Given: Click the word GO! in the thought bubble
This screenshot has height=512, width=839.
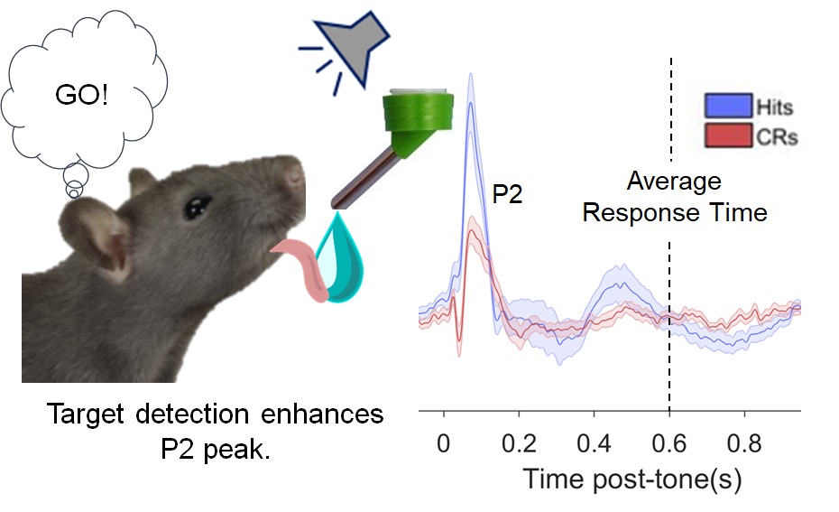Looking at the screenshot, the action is (x=81, y=96).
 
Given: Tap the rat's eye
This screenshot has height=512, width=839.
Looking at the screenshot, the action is (x=197, y=208).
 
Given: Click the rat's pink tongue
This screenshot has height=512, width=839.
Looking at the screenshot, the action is (x=302, y=268).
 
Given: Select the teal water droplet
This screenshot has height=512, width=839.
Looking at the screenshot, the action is (x=341, y=257).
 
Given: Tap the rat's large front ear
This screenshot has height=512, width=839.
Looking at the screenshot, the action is (x=97, y=239).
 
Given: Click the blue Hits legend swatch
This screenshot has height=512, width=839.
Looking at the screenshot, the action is (x=728, y=106).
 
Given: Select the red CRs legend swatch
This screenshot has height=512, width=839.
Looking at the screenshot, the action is (x=728, y=135).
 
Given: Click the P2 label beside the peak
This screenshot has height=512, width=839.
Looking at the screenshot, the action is (x=507, y=193).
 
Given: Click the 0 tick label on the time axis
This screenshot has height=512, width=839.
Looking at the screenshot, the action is (x=443, y=443).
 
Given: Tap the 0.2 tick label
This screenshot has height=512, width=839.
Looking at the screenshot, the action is (x=519, y=443).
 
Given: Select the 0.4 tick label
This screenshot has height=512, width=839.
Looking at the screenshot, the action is (x=594, y=443).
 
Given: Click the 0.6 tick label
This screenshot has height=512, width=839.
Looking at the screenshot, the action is (x=668, y=443).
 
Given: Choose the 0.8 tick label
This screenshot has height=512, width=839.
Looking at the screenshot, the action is (x=744, y=443).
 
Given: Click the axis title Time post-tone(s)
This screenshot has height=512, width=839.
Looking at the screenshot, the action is (x=632, y=479).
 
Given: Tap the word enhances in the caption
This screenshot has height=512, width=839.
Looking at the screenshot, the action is (x=322, y=414).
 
